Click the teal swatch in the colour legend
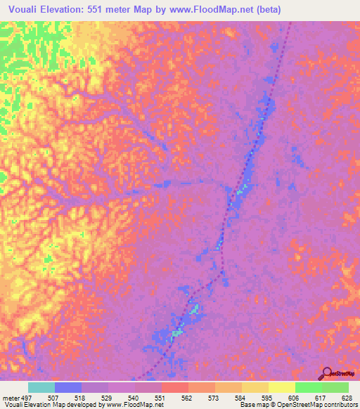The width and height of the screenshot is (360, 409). pos(41,387)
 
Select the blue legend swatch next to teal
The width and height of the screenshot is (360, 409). pos(68,387)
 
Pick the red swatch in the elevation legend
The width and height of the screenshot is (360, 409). pos(175,387)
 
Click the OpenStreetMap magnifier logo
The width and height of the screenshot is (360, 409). pos(326,373)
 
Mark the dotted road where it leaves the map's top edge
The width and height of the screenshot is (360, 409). pos(291,22)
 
